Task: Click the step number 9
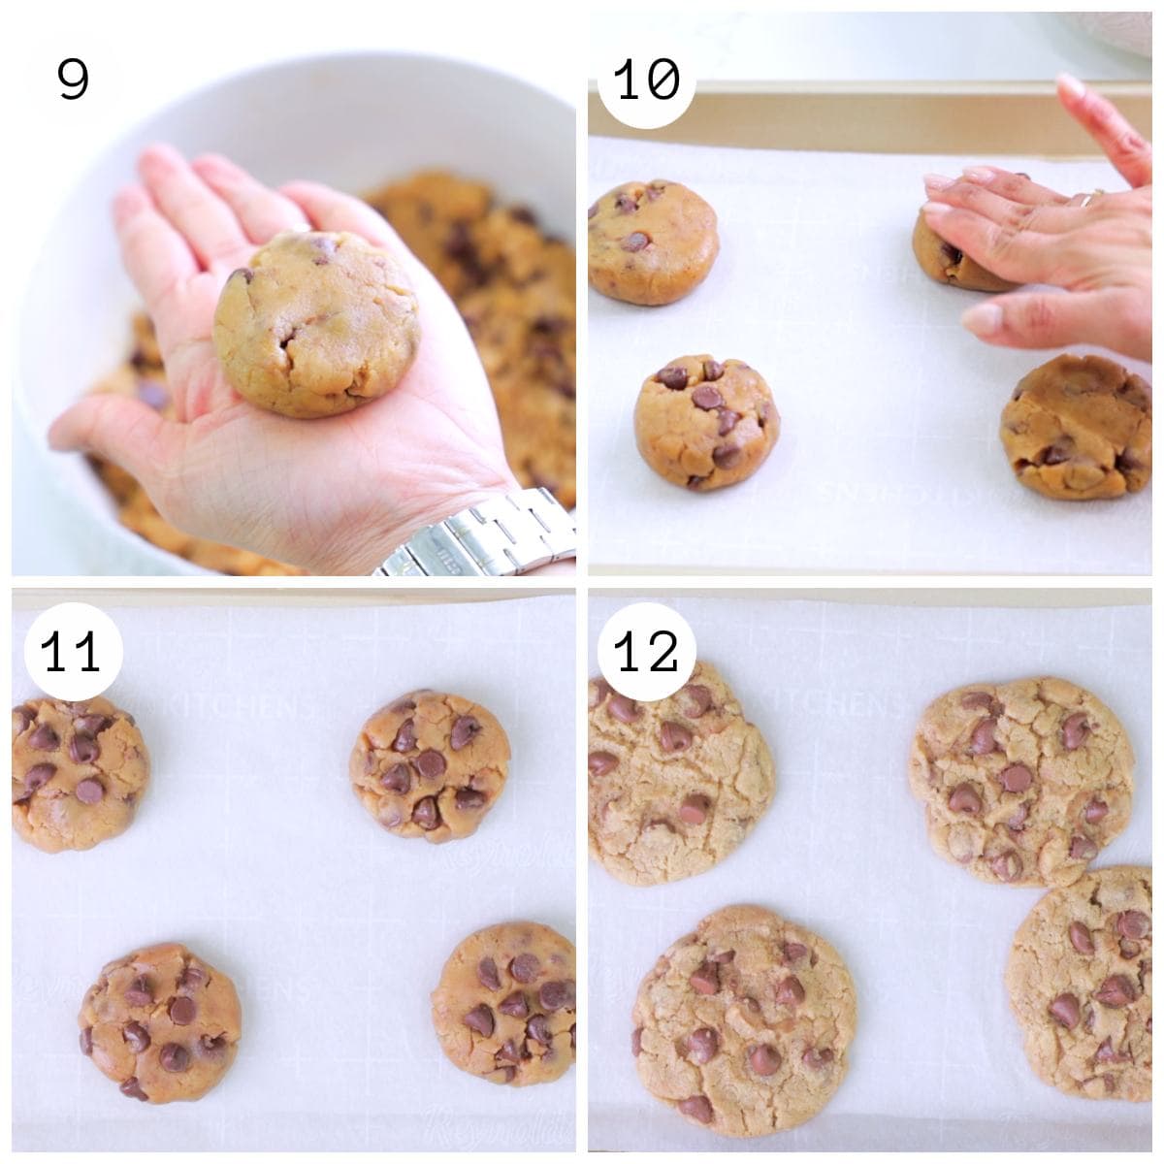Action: pos(73,80)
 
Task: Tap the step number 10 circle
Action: pos(647,80)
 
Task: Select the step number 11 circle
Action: pos(73,652)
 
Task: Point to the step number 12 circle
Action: pos(647,652)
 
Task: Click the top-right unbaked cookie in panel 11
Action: pos(430,766)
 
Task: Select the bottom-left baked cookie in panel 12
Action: pos(744,1018)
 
